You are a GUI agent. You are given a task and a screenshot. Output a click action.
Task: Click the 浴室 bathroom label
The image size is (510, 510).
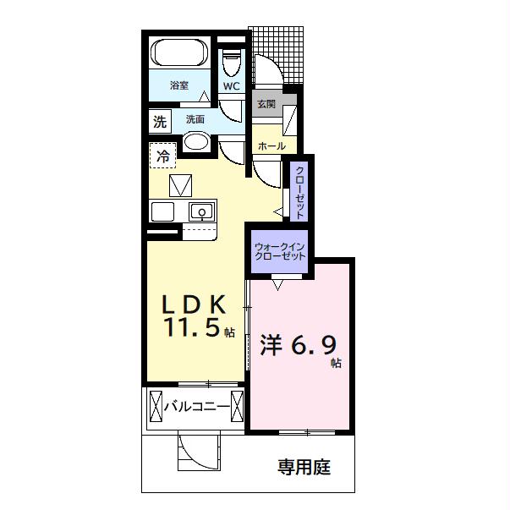[178, 85]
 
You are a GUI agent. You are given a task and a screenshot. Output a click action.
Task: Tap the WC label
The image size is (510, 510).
[231, 86]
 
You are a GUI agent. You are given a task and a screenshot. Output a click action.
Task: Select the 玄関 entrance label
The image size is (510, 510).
[266, 103]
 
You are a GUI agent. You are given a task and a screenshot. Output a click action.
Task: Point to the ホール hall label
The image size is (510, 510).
[271, 145]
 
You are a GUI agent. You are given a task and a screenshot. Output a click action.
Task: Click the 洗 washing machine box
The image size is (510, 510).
[160, 121]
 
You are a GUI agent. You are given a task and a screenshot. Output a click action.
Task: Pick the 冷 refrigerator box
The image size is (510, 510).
[163, 155]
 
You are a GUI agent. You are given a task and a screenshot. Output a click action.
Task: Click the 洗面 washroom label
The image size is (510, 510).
[195, 119]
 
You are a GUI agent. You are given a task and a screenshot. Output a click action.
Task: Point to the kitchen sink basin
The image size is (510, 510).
[200, 211]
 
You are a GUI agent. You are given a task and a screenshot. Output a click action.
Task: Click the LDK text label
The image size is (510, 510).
[194, 304]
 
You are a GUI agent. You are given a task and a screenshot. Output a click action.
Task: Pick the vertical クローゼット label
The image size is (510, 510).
[299, 189]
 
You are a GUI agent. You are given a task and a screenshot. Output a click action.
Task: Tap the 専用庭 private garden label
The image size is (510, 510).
[304, 465]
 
